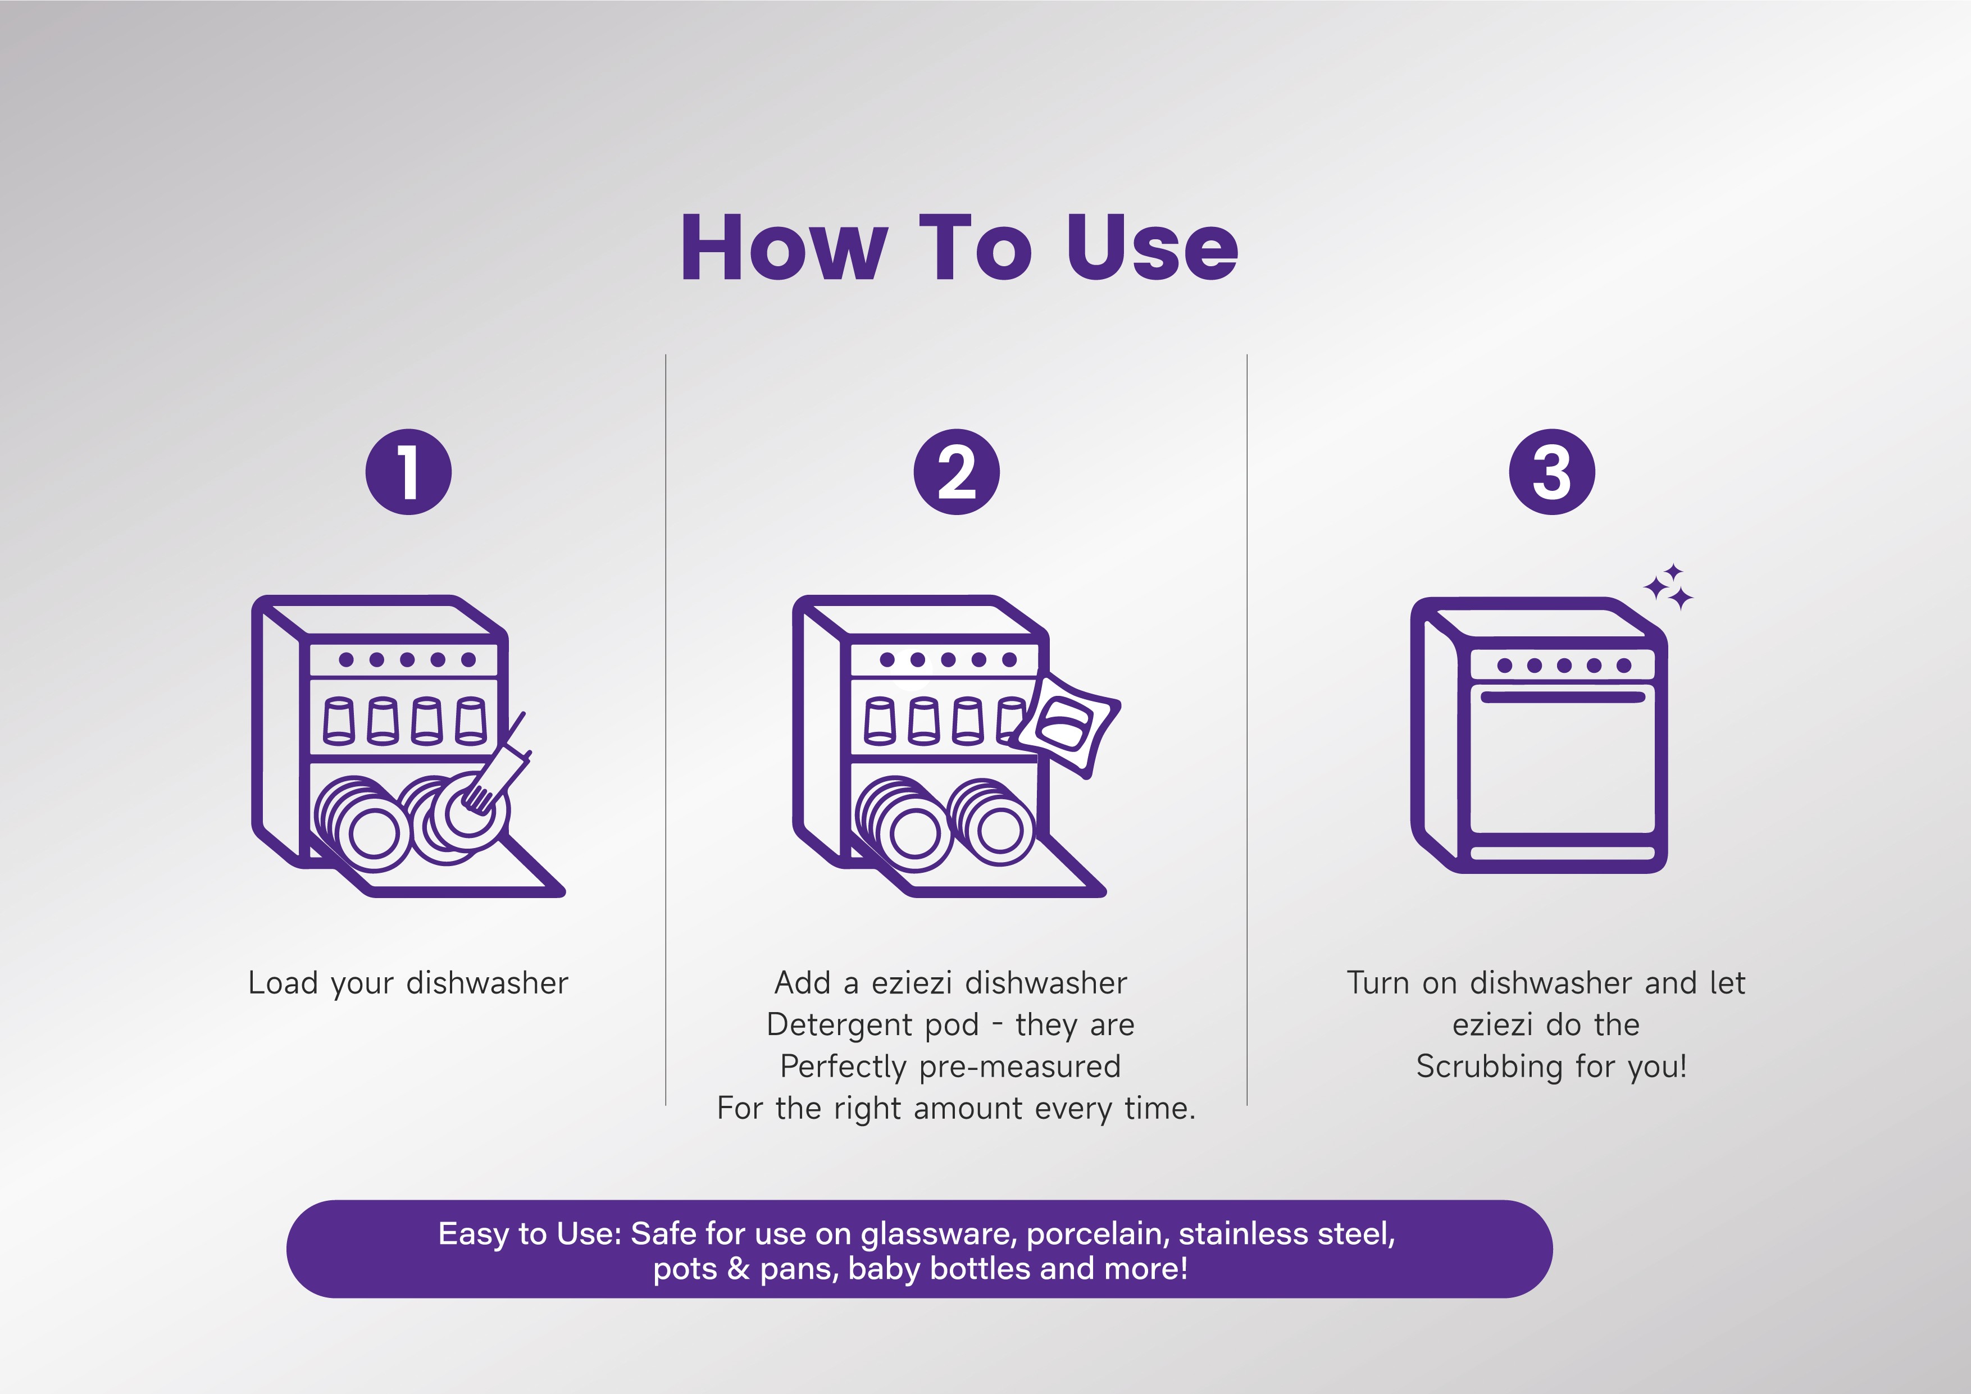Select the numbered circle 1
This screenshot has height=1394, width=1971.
coord(408,472)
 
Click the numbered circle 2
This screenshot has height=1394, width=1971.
coord(957,472)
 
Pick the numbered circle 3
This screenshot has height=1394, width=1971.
coord(1552,472)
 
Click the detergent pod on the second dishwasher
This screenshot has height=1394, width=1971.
coord(1067,723)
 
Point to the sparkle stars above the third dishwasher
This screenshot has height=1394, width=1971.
coord(1669,588)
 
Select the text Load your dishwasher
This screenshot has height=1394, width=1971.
coord(408,983)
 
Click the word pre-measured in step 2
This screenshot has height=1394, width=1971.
coord(1020,1067)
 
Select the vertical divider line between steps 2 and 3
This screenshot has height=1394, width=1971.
coord(1246,730)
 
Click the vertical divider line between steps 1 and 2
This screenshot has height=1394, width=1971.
coord(665,730)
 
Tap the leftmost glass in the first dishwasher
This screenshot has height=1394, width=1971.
coord(339,721)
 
